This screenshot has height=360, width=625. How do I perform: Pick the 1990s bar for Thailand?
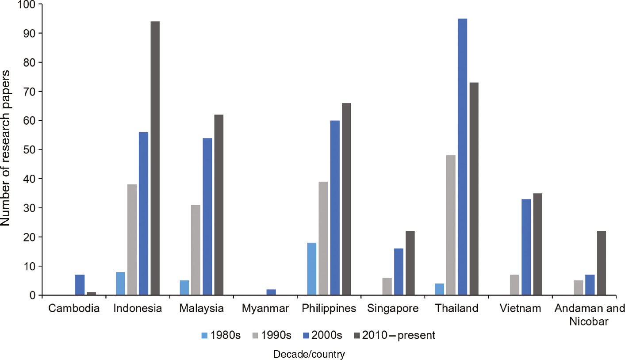(451, 225)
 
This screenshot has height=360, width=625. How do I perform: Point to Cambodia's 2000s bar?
(80, 285)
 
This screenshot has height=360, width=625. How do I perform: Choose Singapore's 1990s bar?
(387, 286)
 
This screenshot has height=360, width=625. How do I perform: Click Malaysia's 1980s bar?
(184, 287)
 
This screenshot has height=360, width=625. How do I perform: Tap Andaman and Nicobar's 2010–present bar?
(602, 263)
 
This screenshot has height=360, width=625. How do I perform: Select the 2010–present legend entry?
(395, 336)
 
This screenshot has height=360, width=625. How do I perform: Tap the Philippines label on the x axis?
(329, 309)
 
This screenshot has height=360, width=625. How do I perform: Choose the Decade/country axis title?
(309, 355)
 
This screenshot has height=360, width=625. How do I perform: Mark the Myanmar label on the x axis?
(265, 309)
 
